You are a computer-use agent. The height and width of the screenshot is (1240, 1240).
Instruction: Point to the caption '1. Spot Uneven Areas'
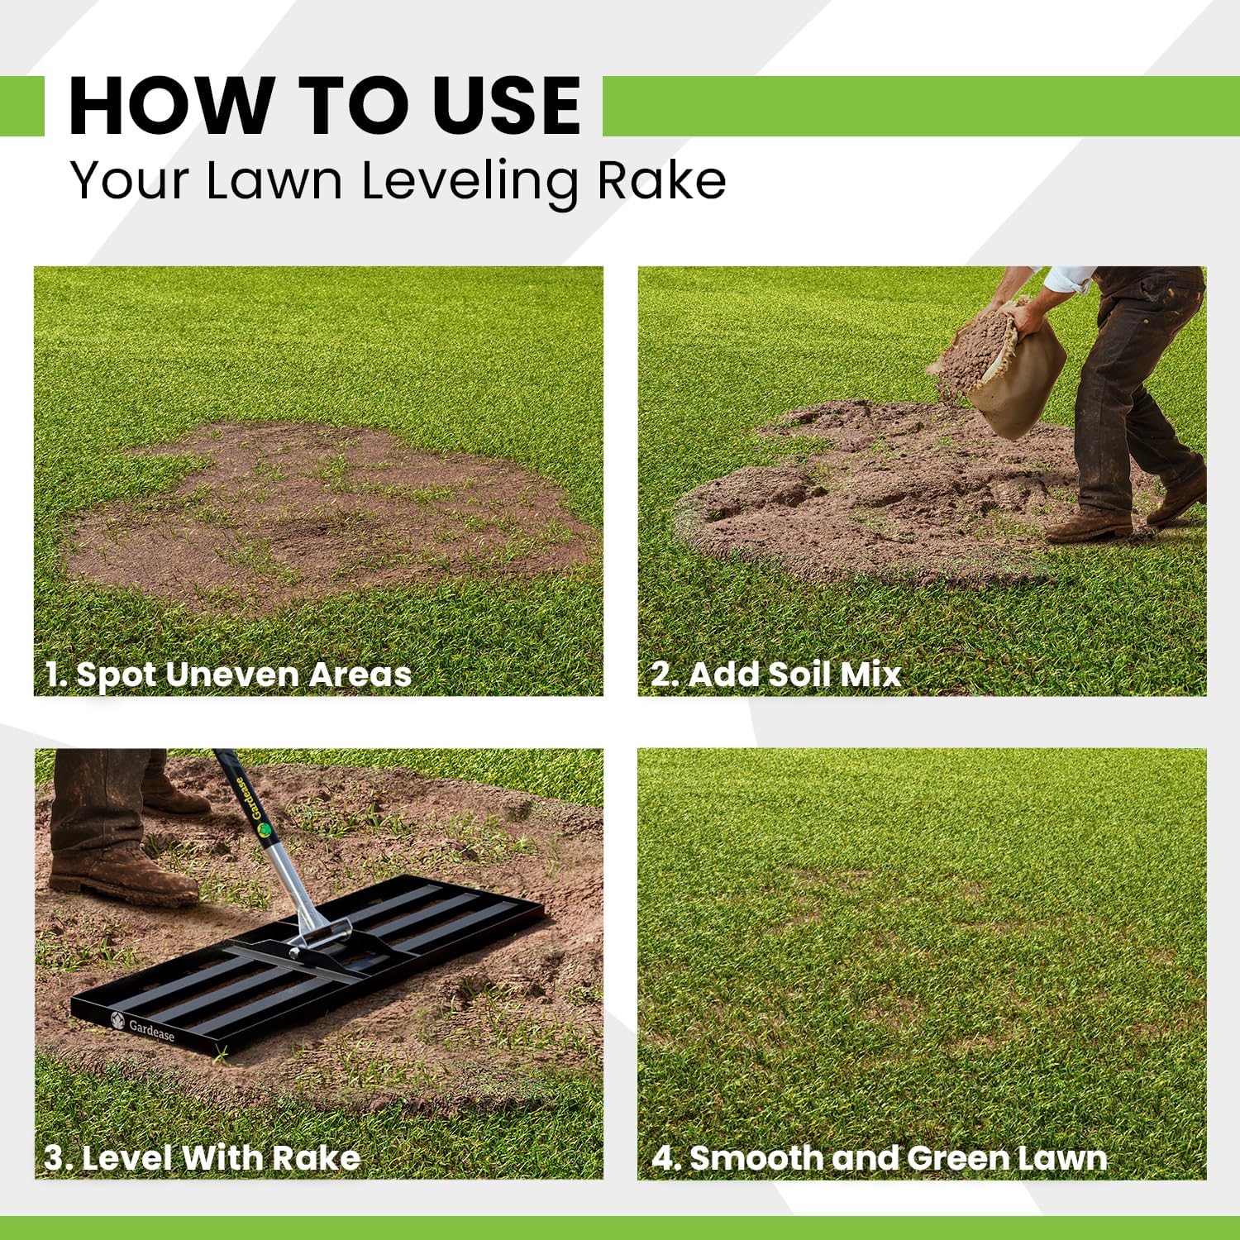point(228,675)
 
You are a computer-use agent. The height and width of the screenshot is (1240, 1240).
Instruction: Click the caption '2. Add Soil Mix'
point(775,675)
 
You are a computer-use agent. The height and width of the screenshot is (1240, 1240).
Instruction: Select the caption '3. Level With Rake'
point(202,1157)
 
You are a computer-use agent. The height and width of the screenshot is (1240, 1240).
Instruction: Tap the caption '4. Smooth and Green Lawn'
point(879,1157)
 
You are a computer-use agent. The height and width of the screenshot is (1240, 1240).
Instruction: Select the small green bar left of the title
point(21,106)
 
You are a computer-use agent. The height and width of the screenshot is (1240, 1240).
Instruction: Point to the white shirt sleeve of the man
point(1066,279)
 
